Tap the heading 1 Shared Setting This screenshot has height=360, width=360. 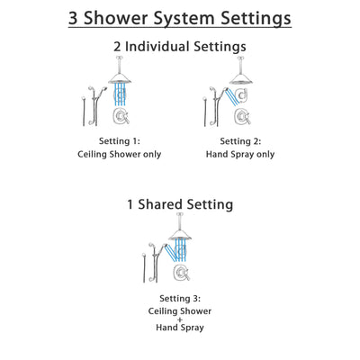click(x=180, y=204)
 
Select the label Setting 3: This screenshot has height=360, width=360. click(x=179, y=298)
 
